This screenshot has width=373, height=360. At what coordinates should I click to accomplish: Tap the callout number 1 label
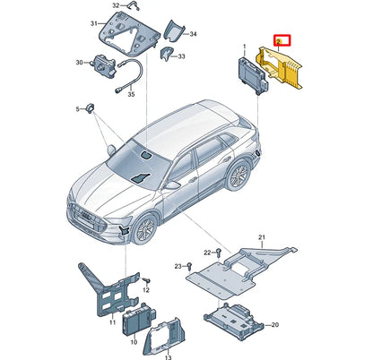point(242,45)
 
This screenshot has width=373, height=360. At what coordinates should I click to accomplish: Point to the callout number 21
point(262,238)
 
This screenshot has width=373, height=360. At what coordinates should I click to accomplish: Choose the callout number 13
point(168,354)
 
